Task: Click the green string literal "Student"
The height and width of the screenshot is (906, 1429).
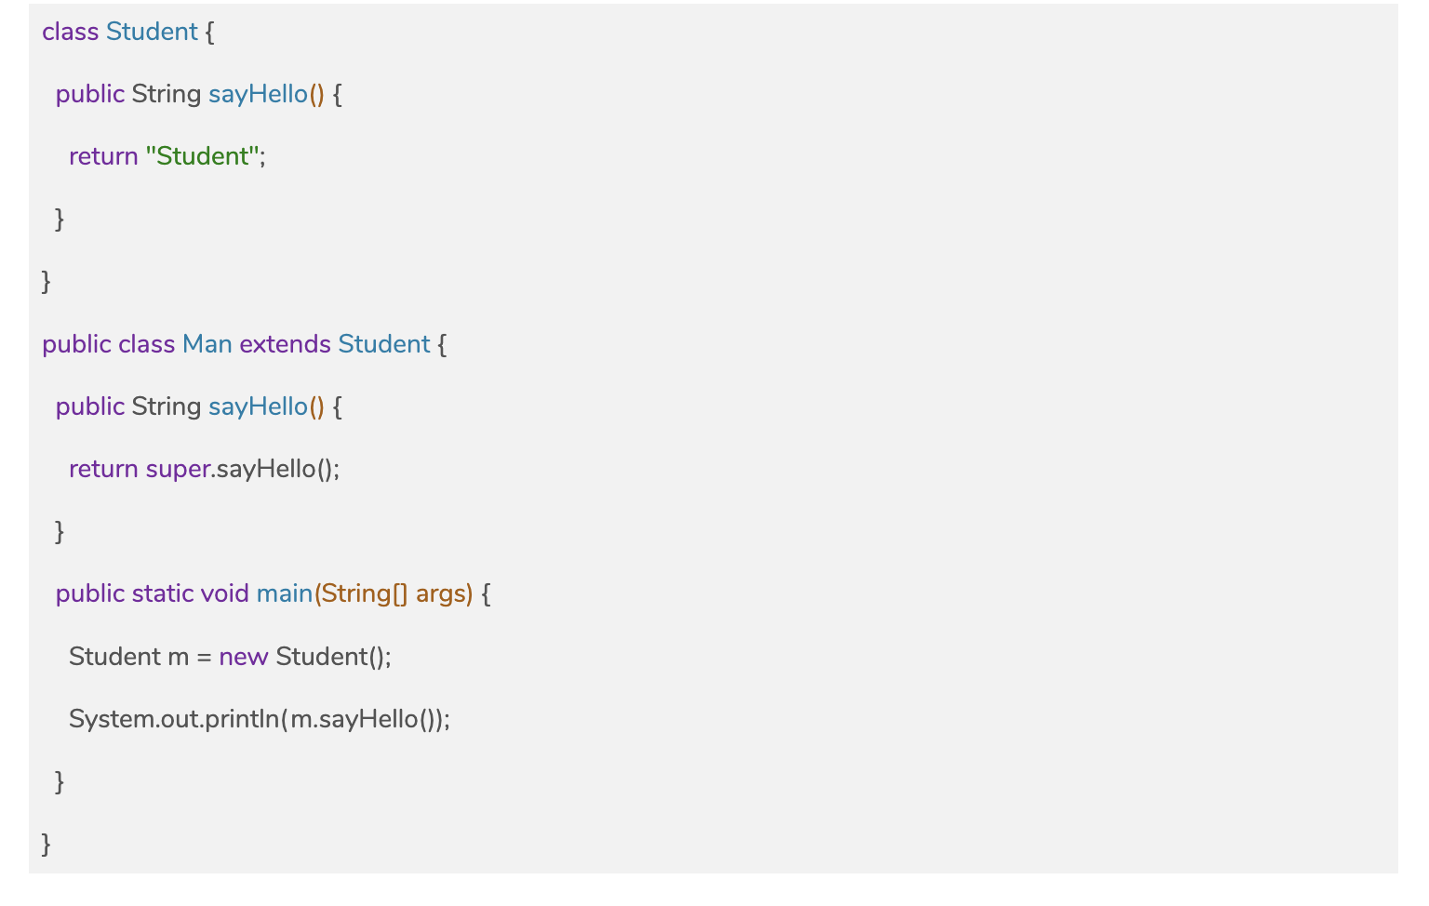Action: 202,156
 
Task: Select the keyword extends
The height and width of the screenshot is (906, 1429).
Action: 285,344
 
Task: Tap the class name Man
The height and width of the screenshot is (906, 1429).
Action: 207,344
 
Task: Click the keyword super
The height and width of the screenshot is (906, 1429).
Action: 178,470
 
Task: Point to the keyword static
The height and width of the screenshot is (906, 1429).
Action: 163,593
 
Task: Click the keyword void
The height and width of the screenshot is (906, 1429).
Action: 224,593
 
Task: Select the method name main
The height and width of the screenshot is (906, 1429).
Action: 284,593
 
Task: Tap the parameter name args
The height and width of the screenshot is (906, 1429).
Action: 440,594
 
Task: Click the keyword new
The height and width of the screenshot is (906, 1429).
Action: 243,657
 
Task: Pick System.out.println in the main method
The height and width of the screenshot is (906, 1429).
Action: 173,719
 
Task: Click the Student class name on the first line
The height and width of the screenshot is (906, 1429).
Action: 152,32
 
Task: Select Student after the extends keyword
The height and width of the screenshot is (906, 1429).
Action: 383,344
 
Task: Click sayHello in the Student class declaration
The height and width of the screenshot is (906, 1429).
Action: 258,94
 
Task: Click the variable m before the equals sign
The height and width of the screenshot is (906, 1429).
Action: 178,658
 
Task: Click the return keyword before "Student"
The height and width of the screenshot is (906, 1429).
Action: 103,156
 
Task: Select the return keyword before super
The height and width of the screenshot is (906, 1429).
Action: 103,469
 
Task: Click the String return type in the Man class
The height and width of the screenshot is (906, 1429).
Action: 166,406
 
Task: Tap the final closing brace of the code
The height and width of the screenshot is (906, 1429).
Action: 47,845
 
